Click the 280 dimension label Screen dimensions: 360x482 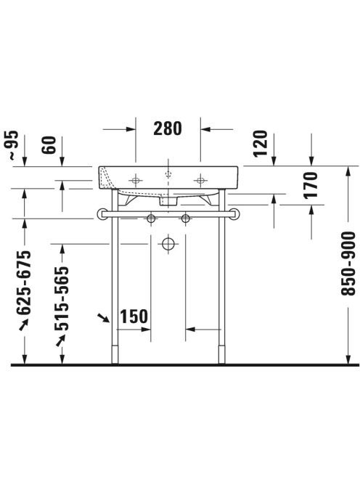tap(168, 128)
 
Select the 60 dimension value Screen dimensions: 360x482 tap(49, 144)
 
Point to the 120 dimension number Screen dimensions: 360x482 tap(261, 144)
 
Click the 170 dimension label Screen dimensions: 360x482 tap(310, 185)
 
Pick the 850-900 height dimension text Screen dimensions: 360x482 tap(348, 264)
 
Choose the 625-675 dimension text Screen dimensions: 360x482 tap(24, 283)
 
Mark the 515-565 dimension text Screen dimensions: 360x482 tap(62, 298)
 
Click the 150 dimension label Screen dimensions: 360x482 tap(134, 316)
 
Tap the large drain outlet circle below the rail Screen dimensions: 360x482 tap(168, 245)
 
